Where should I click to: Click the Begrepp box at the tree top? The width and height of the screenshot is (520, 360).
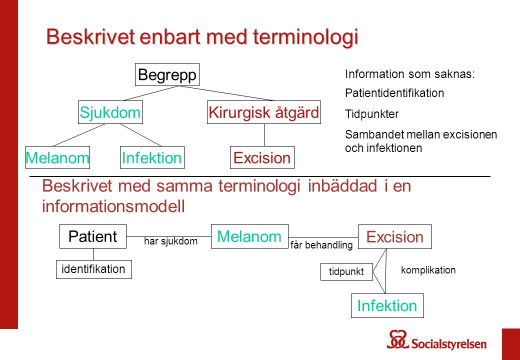click(167, 74)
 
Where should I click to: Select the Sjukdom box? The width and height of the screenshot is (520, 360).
click(110, 113)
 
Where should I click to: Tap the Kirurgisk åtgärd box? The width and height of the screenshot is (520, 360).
click(263, 113)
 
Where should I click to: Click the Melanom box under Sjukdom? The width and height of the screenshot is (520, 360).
click(57, 157)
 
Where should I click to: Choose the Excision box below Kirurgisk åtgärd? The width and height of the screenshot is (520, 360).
click(262, 157)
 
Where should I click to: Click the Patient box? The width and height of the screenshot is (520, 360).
click(93, 236)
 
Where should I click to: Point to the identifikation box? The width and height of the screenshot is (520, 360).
click(93, 269)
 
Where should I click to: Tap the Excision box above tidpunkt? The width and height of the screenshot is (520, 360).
click(394, 237)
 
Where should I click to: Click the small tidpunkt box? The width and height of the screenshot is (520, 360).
click(346, 271)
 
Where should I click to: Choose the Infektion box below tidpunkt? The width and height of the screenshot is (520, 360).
click(387, 305)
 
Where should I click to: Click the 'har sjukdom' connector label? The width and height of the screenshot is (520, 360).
click(171, 241)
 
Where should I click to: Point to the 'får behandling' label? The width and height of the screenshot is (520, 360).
click(321, 245)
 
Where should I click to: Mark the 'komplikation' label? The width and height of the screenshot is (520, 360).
click(428, 270)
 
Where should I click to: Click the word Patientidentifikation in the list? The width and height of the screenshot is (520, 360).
click(394, 93)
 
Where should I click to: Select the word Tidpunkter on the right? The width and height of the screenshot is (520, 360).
click(372, 114)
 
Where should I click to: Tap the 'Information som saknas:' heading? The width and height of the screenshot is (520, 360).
click(409, 74)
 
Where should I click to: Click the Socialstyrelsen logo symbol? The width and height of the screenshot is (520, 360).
click(398, 340)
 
